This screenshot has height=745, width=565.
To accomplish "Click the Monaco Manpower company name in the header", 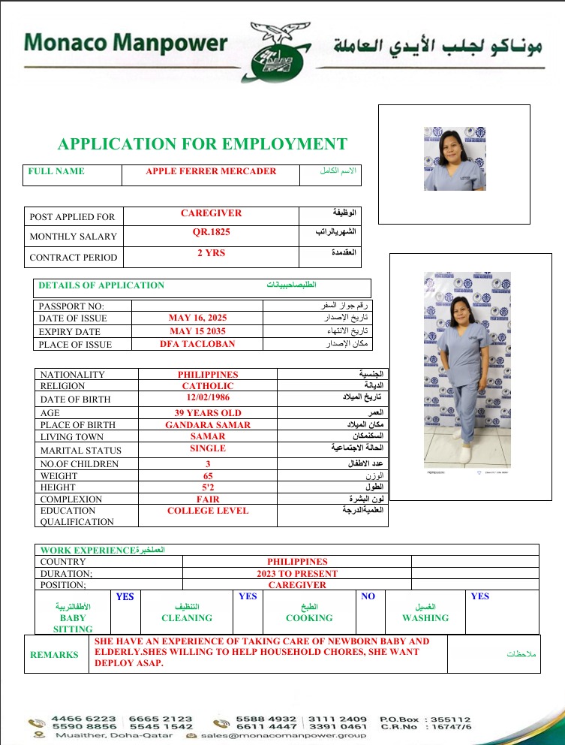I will coord(125,42).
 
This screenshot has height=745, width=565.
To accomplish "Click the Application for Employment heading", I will coord(203,144).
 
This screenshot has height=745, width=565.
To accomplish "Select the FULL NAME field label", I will coord(56,171).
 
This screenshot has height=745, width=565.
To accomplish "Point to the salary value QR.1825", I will coord(211,232).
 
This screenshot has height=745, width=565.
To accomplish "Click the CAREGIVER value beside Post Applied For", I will coord(211,213).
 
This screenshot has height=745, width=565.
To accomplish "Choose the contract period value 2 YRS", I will coord(211,253).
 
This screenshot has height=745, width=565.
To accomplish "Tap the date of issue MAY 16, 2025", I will coord(197,318).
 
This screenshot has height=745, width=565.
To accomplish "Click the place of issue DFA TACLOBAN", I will coord(197,344).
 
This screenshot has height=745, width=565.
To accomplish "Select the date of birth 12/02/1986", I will coord(208,398).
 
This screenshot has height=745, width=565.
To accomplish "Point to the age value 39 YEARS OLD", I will coord(208,412).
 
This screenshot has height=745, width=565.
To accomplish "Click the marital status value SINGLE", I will coord(208,448).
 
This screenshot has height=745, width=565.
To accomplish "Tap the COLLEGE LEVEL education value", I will coord(208,511).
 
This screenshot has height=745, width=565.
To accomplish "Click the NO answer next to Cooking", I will coord(368,596).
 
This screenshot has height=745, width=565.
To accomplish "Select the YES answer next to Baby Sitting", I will coord(125,596).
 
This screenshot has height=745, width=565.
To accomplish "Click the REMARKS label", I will coord(54,655).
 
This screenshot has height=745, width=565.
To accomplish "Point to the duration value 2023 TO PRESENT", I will coord(297,573).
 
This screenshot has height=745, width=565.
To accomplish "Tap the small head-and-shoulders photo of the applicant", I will coord(455,158).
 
